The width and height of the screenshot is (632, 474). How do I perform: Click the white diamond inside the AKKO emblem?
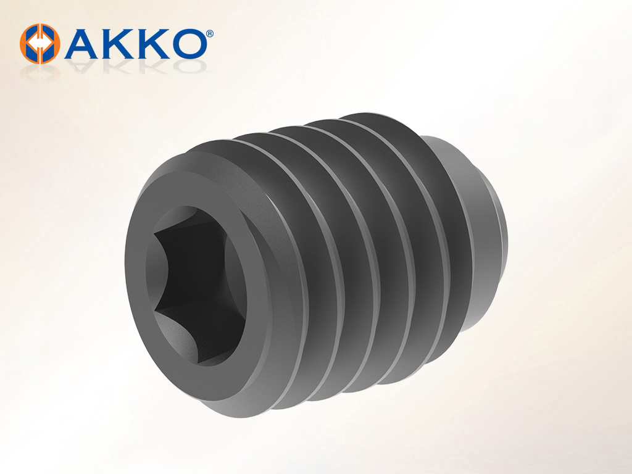pyautogui.click(x=40, y=43)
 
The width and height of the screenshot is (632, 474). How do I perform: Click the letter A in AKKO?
pyautogui.click(x=82, y=44)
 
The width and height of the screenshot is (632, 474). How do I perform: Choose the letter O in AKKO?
pyautogui.click(x=188, y=44)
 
